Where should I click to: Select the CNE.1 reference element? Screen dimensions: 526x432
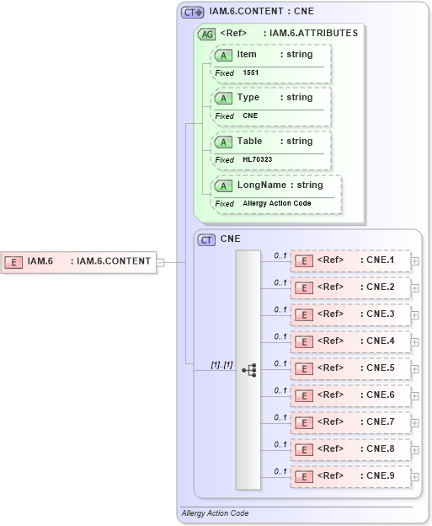click(350, 260)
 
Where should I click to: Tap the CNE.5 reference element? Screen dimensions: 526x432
click(350, 368)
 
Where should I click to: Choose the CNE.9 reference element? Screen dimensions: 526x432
click(350, 476)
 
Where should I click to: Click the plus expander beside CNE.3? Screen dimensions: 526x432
click(415, 315)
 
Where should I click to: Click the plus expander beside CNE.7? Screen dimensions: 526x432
click(415, 423)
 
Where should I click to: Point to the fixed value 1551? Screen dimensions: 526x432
click(251, 73)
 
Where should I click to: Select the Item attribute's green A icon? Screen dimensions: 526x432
click(224, 55)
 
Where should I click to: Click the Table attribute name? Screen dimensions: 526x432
click(249, 142)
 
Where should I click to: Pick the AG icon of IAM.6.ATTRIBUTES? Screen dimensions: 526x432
click(205, 35)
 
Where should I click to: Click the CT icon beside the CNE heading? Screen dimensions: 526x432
click(206, 240)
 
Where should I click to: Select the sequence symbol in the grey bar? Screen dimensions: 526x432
click(248, 369)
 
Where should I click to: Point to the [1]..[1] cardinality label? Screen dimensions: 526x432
click(221, 364)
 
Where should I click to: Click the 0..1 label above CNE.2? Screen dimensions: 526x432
click(280, 282)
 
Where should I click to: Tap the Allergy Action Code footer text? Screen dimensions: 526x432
click(215, 513)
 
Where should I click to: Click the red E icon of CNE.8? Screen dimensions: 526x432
click(302, 449)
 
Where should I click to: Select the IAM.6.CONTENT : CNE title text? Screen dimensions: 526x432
click(261, 12)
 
